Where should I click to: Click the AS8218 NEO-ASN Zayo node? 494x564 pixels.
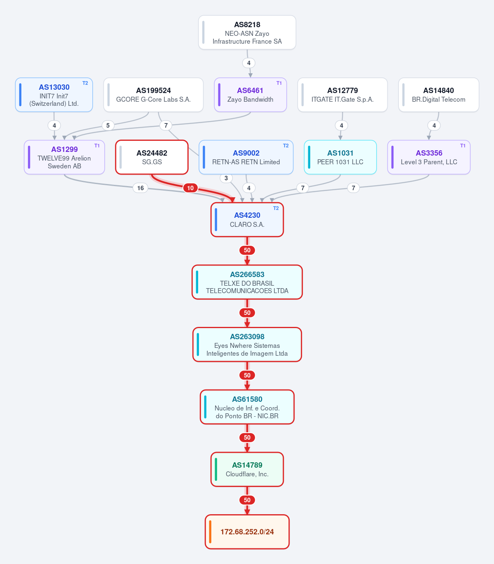tap(247, 33)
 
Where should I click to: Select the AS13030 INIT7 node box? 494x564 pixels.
tap(54, 95)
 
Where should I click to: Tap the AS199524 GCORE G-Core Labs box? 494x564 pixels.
tap(153, 95)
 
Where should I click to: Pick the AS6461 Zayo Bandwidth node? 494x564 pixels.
tap(251, 95)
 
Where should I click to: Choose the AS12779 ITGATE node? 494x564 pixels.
tap(342, 95)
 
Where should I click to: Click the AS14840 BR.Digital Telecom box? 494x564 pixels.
tap(438, 95)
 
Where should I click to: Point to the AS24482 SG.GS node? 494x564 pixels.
tap(152, 157)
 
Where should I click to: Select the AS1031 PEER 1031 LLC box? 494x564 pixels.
tap(340, 157)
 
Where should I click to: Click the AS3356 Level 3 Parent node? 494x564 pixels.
tap(429, 157)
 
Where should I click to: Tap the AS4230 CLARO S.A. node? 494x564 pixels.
tap(247, 220)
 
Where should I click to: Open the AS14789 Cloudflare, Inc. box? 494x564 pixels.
tap(247, 469)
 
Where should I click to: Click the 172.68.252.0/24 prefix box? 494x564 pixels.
tap(247, 532)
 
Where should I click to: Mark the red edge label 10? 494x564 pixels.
tap(190, 188)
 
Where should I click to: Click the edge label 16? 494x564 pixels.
tap(140, 188)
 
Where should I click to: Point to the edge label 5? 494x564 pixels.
tap(108, 126)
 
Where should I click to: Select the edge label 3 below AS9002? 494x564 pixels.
tap(226, 178)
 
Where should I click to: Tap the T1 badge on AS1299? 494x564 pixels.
tap(97, 146)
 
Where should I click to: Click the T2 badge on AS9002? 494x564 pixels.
tap(286, 146)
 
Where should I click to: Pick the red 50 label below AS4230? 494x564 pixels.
tap(247, 250)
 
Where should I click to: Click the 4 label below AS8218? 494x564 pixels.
tap(249, 63)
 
